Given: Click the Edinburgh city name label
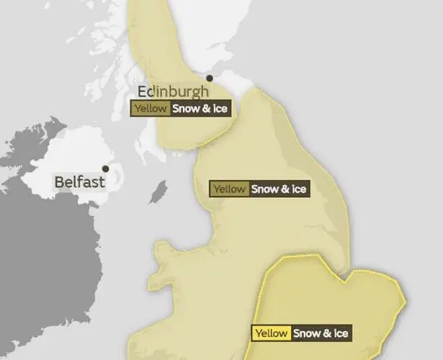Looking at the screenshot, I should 174,91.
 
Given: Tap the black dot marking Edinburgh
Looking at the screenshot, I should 210,78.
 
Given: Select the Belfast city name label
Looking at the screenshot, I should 80,181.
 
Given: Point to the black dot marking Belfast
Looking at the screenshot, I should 106,169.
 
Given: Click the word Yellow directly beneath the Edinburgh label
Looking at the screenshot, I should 150,109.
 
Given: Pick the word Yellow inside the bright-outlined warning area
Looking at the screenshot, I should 272,333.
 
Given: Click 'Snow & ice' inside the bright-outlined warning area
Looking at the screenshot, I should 321,333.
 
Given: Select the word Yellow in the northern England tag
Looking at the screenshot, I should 230,189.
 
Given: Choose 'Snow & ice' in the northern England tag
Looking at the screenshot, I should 280,189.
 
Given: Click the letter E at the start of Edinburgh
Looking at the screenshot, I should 143,91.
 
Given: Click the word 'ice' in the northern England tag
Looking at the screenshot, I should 300,189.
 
